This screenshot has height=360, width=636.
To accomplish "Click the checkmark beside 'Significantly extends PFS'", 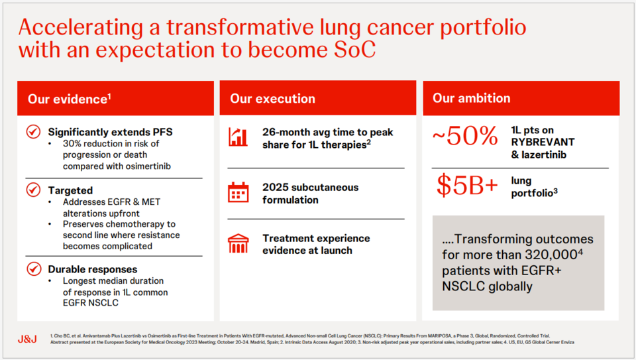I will pos(33,132).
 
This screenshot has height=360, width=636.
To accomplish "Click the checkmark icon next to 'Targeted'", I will pos(33,190).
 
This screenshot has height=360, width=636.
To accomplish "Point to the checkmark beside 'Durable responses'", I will pos(33,269).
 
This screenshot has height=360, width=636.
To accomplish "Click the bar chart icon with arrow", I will pos(238,137).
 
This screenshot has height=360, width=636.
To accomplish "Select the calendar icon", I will pos(238,193).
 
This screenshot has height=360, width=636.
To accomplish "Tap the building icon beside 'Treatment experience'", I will pos(238,243).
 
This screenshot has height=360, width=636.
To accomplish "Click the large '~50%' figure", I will pos(464,136).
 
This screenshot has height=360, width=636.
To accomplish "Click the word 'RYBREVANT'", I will pos(543,143).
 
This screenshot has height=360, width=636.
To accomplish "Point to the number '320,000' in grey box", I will pos(558,255).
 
